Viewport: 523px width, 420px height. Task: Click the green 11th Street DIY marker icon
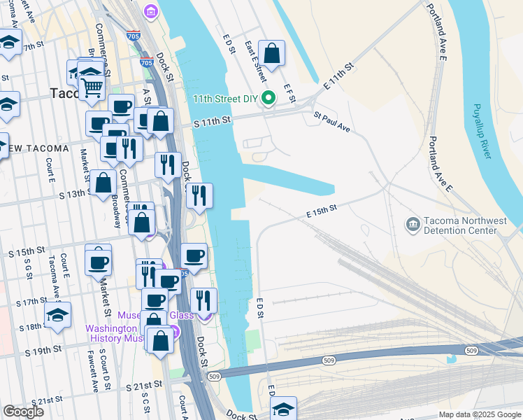(267, 100)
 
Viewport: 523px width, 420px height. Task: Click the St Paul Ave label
(331, 122)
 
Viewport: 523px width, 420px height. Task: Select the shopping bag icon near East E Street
(271, 52)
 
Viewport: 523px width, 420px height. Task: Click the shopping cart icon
(91, 87)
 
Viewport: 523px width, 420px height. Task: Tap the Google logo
(23, 411)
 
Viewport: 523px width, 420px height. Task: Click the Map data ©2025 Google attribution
(479, 414)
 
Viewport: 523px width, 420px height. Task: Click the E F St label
(287, 94)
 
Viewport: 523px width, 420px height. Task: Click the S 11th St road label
(212, 122)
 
